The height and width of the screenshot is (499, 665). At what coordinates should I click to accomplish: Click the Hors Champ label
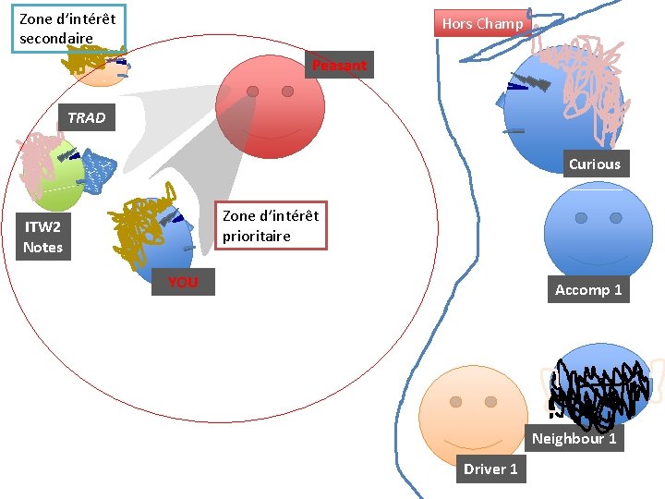(x=482, y=24)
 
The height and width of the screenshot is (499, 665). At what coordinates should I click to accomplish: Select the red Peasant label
(x=339, y=66)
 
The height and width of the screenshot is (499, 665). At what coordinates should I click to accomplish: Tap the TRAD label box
(x=87, y=117)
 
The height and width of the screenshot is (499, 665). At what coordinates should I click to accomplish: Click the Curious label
(x=594, y=164)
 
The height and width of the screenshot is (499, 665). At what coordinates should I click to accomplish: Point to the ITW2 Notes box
(x=43, y=237)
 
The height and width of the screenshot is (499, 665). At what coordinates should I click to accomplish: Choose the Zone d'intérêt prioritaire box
(x=271, y=226)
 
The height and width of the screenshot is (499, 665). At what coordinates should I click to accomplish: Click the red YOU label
(x=183, y=282)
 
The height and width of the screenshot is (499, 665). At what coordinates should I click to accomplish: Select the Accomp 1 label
(x=588, y=290)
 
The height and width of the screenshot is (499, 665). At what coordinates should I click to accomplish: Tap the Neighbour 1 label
(x=574, y=438)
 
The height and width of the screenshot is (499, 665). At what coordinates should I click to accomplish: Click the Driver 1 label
(x=490, y=469)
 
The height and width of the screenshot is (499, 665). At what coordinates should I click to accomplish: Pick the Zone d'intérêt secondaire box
(x=67, y=29)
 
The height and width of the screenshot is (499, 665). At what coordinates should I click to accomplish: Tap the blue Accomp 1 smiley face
(x=598, y=231)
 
